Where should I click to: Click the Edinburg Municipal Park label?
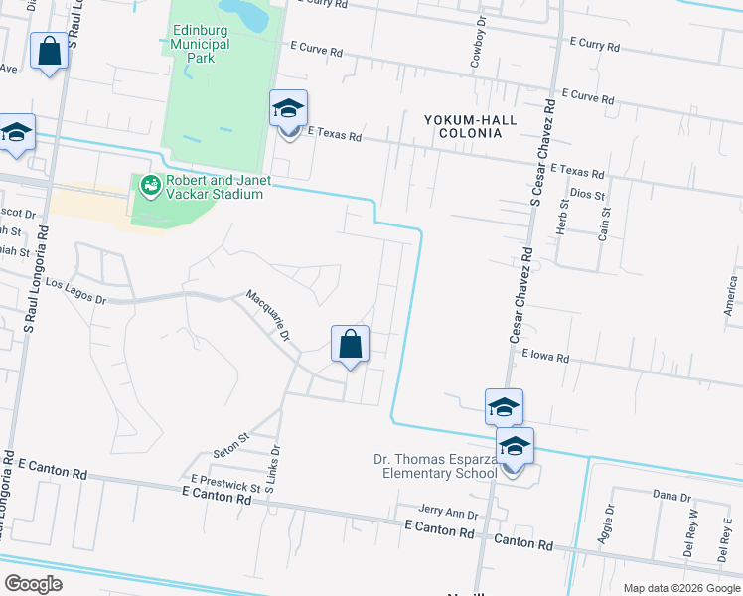(x=193, y=45)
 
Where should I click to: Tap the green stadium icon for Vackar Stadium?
(x=150, y=186)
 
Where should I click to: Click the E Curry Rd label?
(x=595, y=47)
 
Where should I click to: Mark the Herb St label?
(x=562, y=217)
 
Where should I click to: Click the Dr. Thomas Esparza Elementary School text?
(x=435, y=466)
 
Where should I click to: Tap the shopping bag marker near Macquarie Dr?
(x=350, y=345)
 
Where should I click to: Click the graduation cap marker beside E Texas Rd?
(x=289, y=110)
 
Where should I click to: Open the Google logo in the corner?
(x=33, y=584)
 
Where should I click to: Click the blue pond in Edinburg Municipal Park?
(x=245, y=13)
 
